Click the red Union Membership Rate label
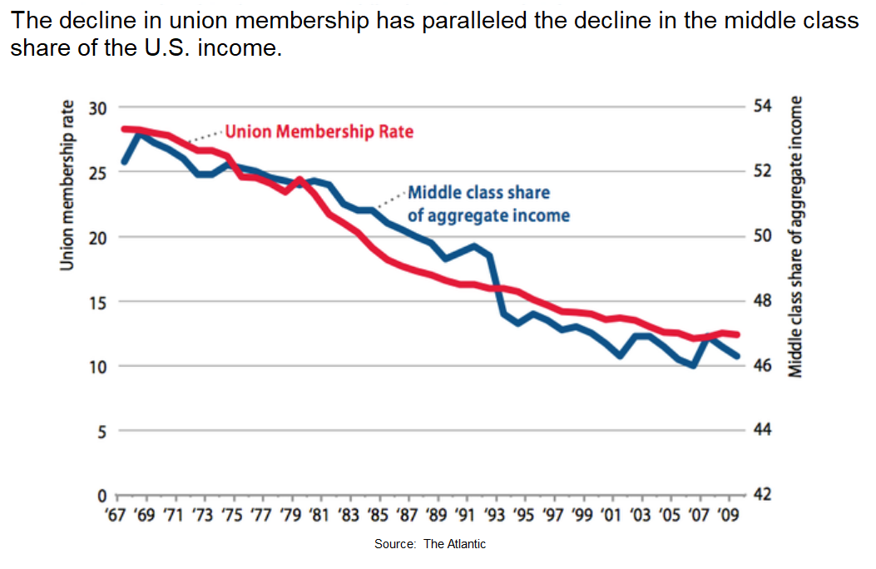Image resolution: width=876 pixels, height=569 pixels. coord(319,131)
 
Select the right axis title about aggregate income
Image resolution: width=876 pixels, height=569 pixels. coord(796,237)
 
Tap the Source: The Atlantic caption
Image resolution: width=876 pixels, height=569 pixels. coord(430,543)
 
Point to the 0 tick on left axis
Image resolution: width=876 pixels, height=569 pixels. coord(102,495)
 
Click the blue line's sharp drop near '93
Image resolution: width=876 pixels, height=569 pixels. coord(497,283)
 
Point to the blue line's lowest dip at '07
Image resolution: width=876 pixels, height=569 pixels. coord(692,365)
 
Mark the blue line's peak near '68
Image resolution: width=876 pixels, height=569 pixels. coord(140,133)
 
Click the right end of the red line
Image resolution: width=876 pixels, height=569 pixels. coord(737,334)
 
